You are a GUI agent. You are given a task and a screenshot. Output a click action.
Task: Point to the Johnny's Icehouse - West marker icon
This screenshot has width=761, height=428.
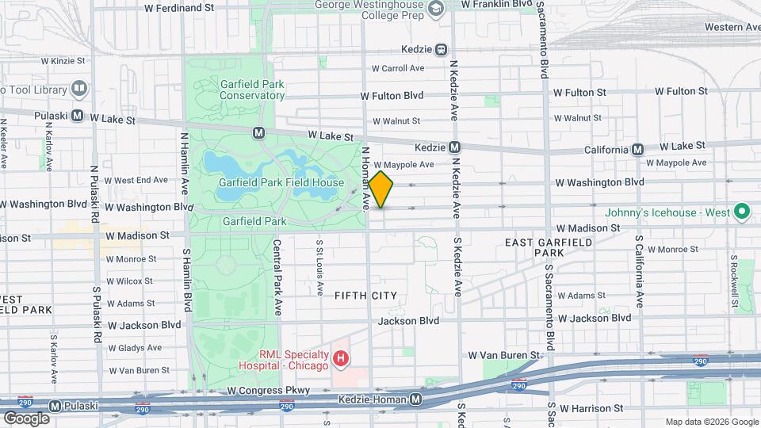click(742, 212)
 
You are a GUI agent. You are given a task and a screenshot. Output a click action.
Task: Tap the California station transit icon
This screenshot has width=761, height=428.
click(637, 149)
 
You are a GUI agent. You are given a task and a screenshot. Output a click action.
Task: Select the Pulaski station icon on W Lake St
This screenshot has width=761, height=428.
click(78, 115)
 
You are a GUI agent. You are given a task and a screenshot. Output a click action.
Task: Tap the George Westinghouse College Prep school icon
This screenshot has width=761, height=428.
click(435, 8)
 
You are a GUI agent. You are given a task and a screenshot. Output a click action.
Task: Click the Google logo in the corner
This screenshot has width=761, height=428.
click(25, 418)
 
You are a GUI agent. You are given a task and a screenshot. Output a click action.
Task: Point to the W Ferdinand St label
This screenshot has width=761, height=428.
click(179, 7)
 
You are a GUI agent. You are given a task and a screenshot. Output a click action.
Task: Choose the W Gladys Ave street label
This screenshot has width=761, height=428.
click(135, 347)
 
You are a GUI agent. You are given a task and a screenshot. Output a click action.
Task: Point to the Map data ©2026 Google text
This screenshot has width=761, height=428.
click(711, 422)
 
